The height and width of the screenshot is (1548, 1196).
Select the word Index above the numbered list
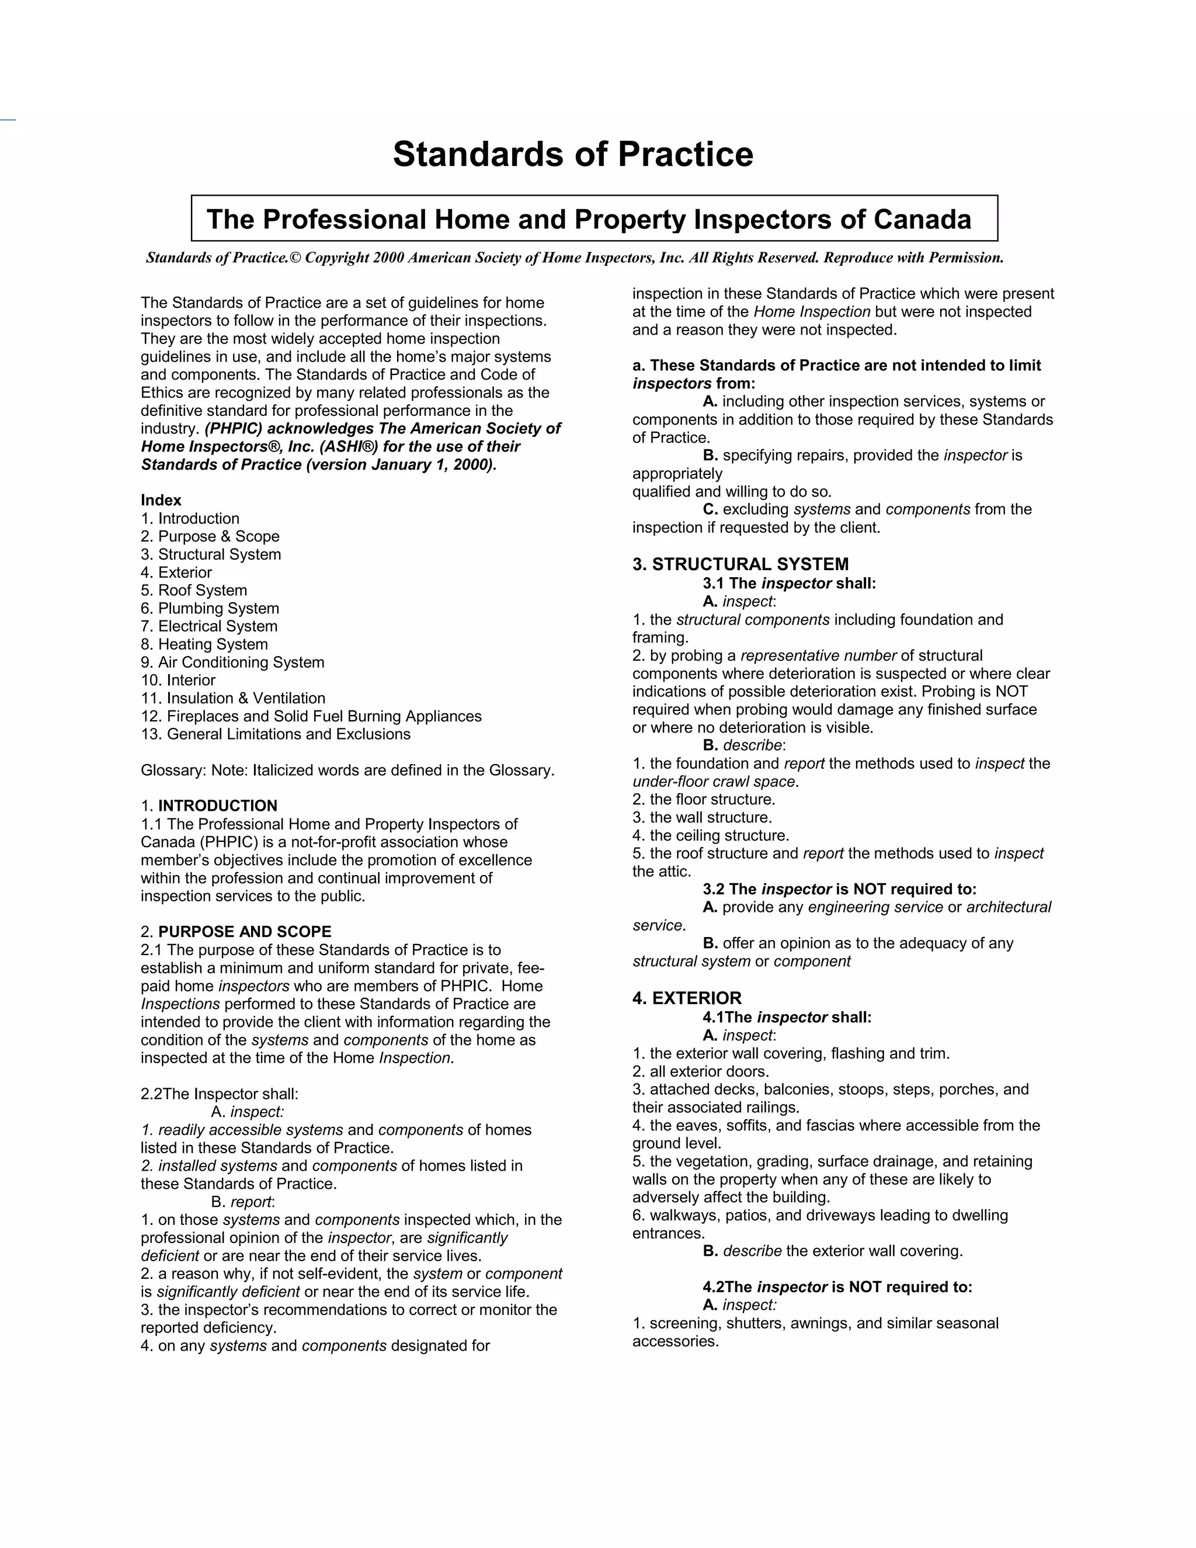[x=161, y=501]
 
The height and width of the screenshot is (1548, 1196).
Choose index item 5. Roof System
[x=193, y=591]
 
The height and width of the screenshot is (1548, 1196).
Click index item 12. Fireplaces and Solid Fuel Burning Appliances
[x=311, y=716]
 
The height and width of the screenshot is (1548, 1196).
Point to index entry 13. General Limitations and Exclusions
[x=276, y=734]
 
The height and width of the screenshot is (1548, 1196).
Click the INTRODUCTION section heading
[x=217, y=806]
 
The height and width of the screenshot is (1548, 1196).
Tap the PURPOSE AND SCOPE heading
[x=245, y=932]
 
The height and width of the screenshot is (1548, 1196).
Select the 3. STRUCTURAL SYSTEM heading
[x=740, y=564]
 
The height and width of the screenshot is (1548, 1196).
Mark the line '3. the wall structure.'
[x=702, y=817]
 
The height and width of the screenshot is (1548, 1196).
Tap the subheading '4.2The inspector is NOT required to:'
[x=837, y=1287]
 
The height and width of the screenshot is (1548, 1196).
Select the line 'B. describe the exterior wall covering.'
[x=833, y=1251]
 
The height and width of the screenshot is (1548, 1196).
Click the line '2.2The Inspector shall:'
[x=220, y=1094]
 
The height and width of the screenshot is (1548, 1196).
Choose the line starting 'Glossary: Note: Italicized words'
[x=347, y=770]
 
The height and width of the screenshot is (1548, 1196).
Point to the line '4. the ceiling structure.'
[x=711, y=836]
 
